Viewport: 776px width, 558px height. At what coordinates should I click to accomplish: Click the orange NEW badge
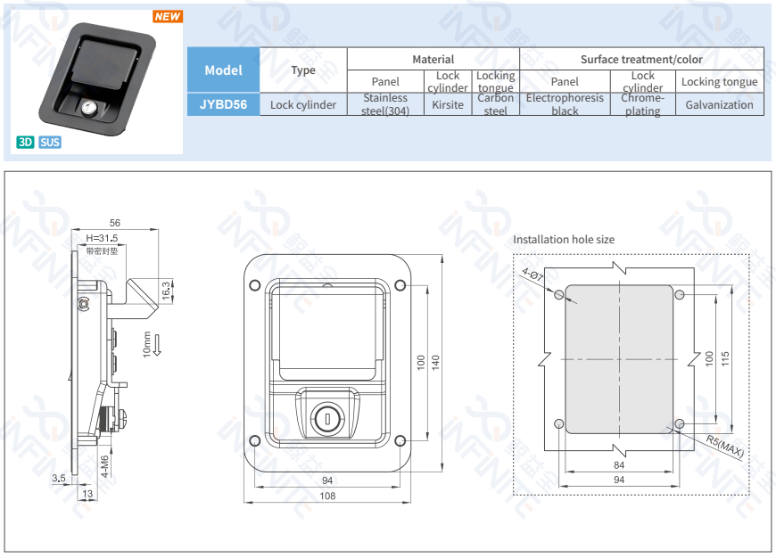coord(167,16)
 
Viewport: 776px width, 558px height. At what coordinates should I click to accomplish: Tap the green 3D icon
coord(25,142)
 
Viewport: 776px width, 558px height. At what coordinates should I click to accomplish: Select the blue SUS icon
coord(50,142)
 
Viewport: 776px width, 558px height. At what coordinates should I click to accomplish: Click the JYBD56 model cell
coord(223,104)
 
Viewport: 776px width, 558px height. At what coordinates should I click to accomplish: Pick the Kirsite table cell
coord(448,104)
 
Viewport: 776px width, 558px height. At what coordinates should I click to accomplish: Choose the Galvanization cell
coord(719,104)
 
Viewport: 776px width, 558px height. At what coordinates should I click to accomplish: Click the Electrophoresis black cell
coord(565,104)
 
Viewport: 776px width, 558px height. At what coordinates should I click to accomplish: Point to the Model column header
coord(223,70)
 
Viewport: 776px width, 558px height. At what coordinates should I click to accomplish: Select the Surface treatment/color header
coord(641,60)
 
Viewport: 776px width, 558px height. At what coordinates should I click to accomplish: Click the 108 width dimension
coord(327,496)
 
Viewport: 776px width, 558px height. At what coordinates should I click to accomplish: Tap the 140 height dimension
coord(436,364)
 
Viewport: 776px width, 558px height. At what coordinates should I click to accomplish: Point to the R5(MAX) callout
coord(724,447)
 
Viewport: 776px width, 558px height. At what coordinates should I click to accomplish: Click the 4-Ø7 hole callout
coord(533,277)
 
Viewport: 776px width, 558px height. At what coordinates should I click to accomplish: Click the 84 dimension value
coord(619,465)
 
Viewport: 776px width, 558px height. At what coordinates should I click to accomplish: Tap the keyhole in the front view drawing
coord(326,417)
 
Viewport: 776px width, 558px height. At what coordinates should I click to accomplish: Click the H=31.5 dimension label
coord(102,238)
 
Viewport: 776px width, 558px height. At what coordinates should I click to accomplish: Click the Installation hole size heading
coord(564,239)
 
